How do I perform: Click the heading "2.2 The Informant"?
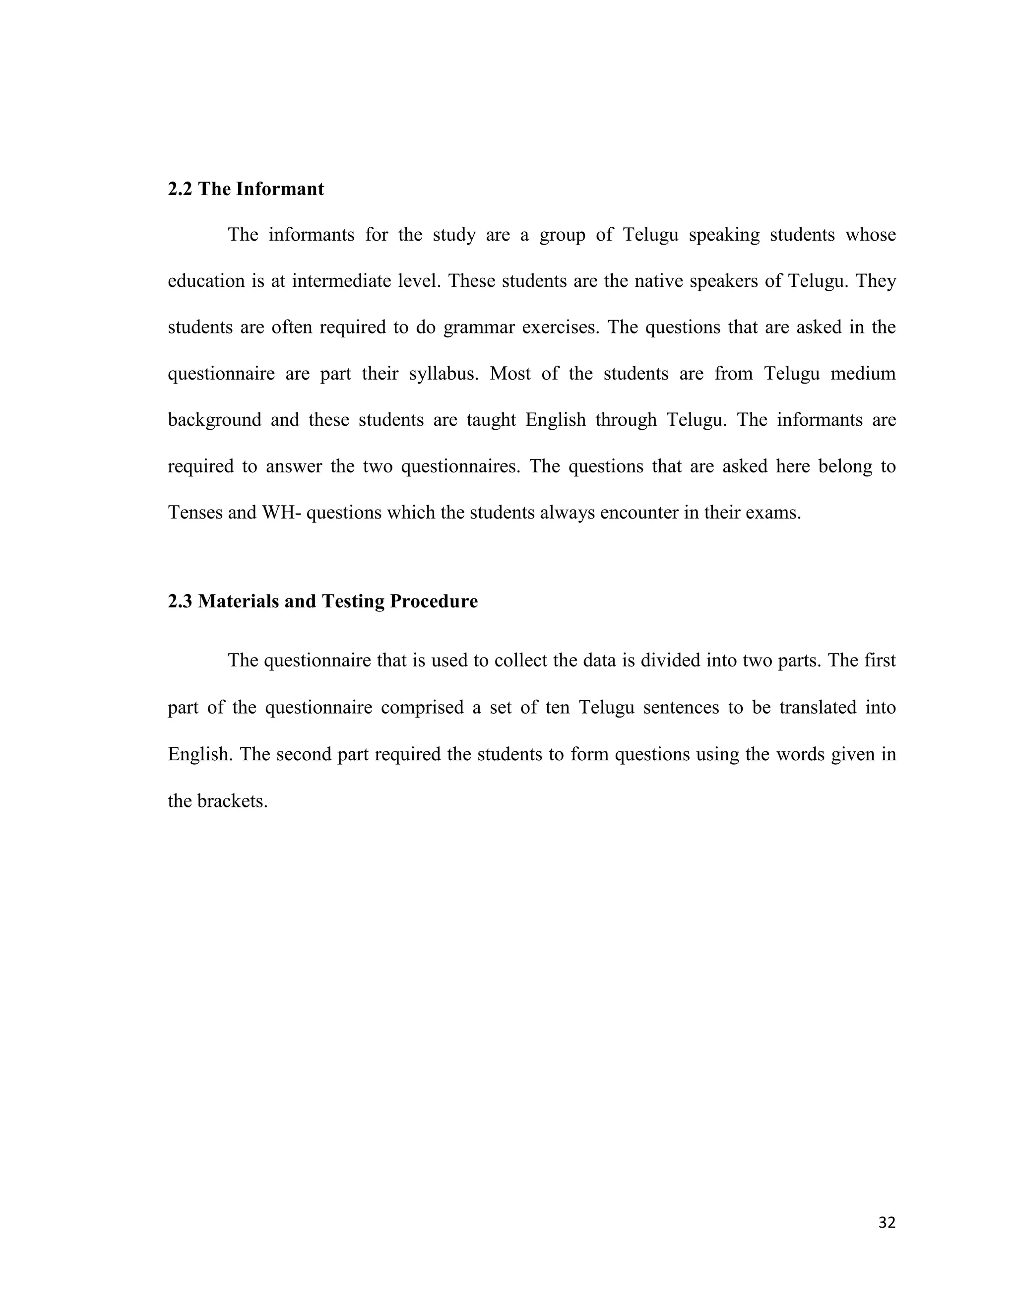(x=246, y=189)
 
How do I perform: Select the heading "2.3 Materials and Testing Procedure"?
(x=322, y=601)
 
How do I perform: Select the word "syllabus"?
(x=443, y=374)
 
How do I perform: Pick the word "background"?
(x=214, y=420)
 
